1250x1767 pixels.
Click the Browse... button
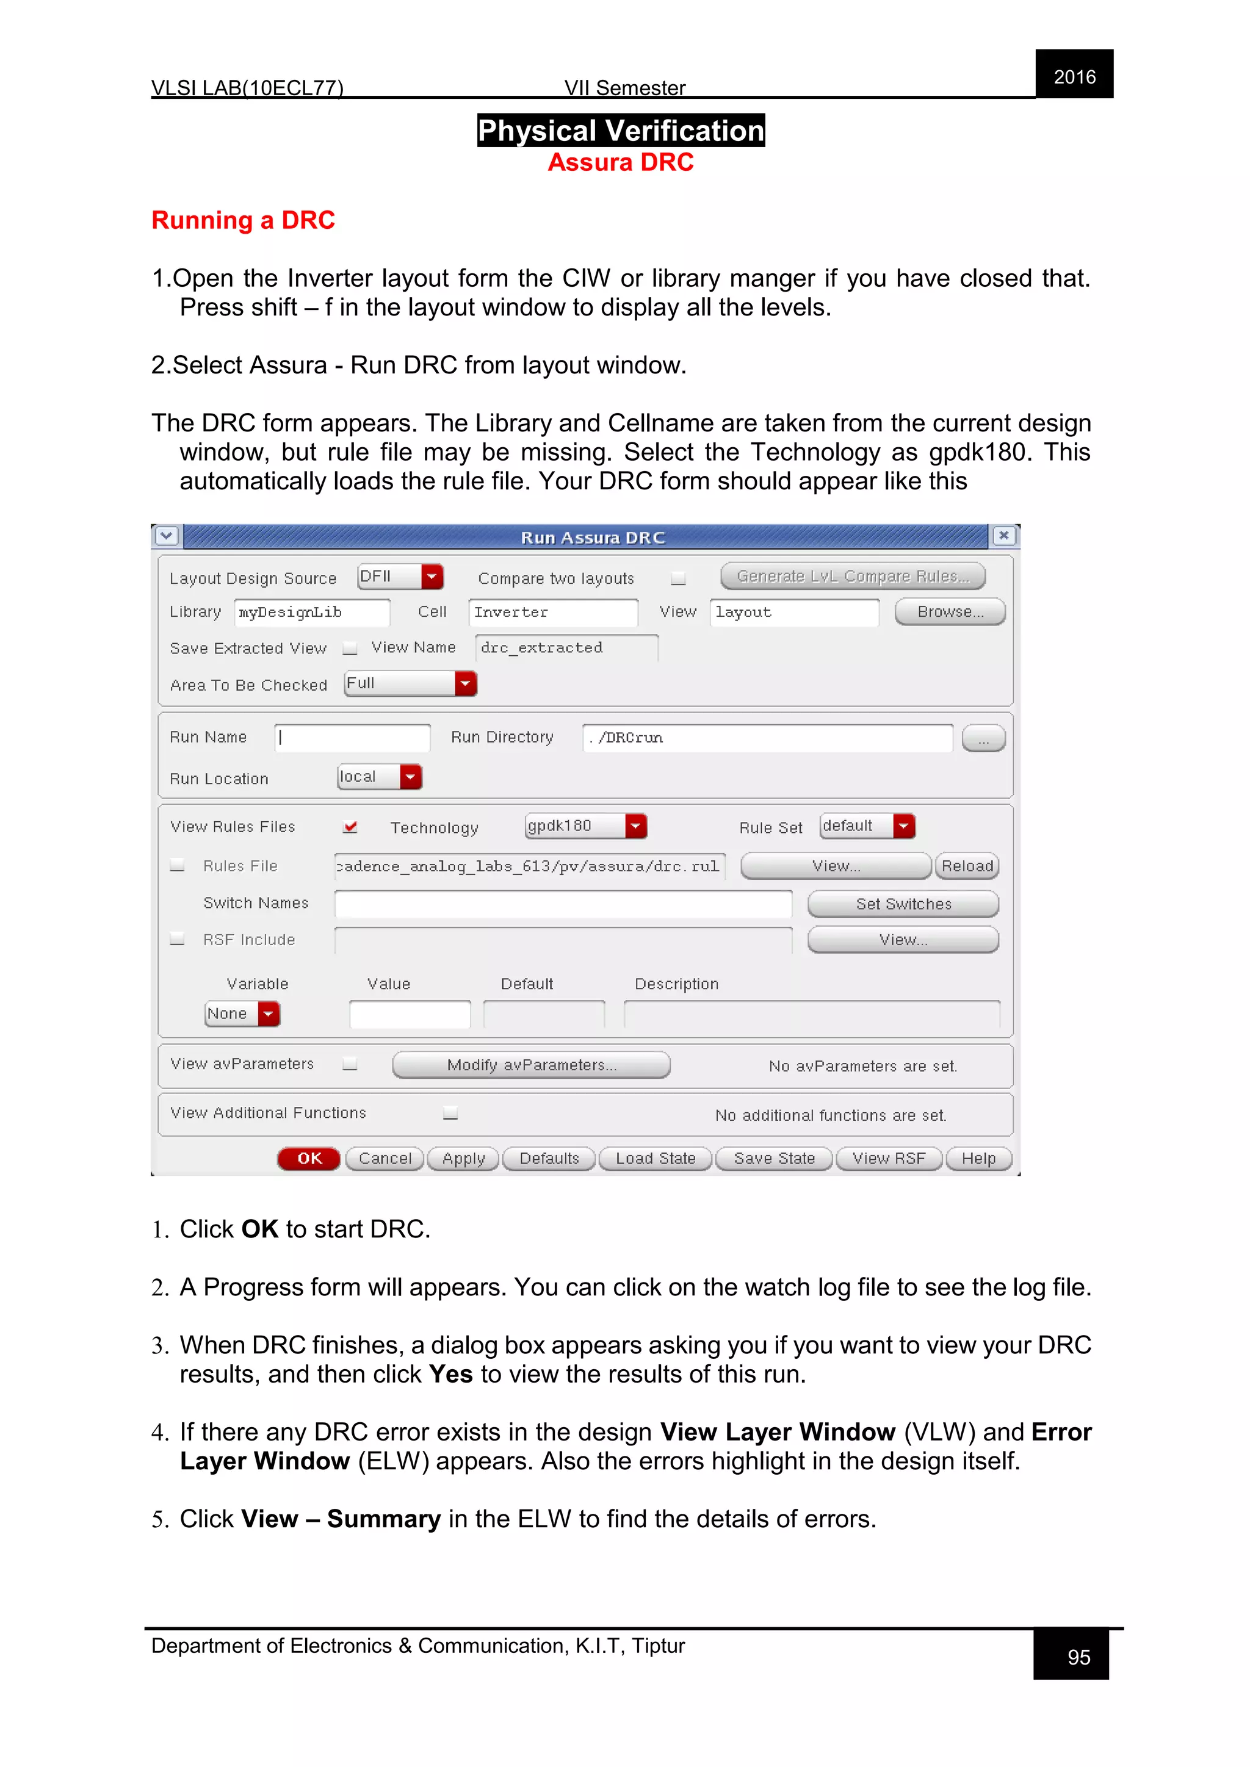pyautogui.click(x=950, y=612)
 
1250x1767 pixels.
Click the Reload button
pyautogui.click(x=967, y=866)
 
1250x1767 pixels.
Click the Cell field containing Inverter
pyautogui.click(x=552, y=613)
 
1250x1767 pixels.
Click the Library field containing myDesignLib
pyautogui.click(x=312, y=613)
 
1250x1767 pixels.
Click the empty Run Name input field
pyautogui.click(x=353, y=737)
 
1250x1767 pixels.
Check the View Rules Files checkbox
pyautogui.click(x=350, y=827)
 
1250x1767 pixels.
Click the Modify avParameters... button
pyautogui.click(x=531, y=1065)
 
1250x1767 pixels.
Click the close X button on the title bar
pyautogui.click(x=1003, y=536)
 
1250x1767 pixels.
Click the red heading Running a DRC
pyautogui.click(x=244, y=220)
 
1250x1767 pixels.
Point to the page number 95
pyautogui.click(x=1078, y=1657)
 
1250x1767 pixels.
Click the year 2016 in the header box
pyautogui.click(x=1074, y=77)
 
